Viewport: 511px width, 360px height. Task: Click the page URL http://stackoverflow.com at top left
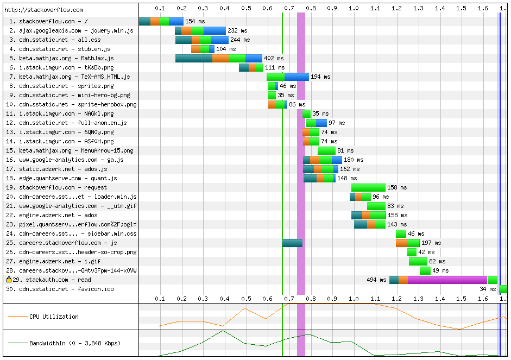coord(43,10)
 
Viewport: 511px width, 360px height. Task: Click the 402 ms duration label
coord(273,58)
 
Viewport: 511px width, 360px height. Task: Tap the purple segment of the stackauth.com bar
coord(447,280)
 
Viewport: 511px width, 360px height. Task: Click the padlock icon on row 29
coord(9,280)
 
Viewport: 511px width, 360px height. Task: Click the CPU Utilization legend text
coord(54,317)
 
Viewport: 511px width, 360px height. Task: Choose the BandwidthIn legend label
coord(75,343)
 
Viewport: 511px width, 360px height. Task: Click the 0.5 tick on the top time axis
coord(246,8)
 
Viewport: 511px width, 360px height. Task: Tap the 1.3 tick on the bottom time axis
coord(418,298)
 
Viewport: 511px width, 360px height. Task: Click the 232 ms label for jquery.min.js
coord(236,30)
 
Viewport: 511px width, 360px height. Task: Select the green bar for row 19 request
coord(368,187)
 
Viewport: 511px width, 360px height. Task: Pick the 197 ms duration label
coord(431,243)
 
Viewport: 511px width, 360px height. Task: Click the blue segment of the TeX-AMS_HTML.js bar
coord(296,77)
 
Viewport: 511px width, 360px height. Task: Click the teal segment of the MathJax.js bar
coord(193,58)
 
